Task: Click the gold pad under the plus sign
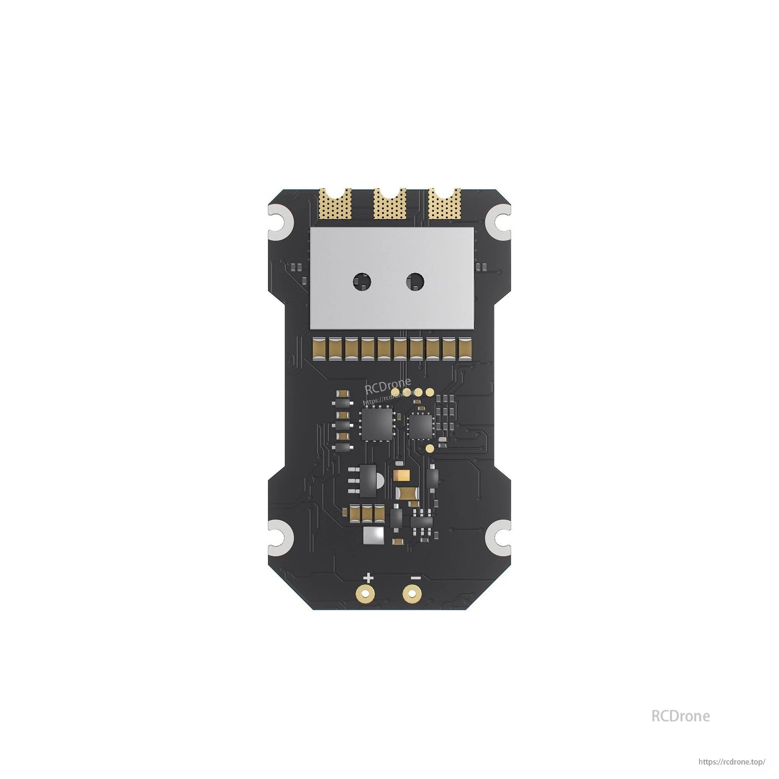[x=367, y=594]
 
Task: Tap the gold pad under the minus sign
[x=412, y=594]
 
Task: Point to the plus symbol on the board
[x=368, y=578]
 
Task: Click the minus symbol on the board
[x=415, y=578]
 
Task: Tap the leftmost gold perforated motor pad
[x=335, y=205]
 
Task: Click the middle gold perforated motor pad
[x=389, y=205]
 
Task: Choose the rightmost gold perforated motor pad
[x=444, y=205]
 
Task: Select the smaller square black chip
[x=420, y=425]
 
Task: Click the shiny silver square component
[x=375, y=535]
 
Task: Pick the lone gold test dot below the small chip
[x=430, y=448]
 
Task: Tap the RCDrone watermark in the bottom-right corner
[x=680, y=716]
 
